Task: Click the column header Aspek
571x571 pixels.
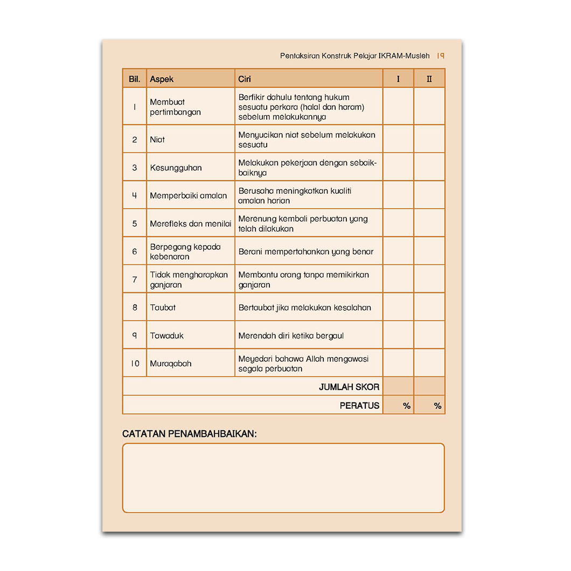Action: (162, 79)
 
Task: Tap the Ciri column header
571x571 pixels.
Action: (245, 79)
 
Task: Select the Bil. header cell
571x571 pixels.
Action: (135, 79)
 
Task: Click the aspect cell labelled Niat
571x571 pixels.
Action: (157, 140)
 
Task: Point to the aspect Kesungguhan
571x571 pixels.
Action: (176, 168)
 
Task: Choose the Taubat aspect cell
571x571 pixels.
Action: (163, 308)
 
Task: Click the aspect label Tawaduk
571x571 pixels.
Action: (166, 336)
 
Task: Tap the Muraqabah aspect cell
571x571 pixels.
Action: (170, 364)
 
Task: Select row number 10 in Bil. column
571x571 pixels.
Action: (135, 364)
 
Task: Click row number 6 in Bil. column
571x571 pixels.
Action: (135, 252)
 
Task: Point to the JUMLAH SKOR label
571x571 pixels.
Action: (349, 387)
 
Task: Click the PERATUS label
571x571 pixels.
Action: (359, 406)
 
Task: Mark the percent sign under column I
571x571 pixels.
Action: (407, 406)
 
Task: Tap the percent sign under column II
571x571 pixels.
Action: (437, 406)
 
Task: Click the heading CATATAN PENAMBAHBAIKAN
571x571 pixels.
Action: (189, 434)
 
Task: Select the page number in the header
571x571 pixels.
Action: (441, 55)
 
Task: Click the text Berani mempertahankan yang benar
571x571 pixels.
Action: (305, 252)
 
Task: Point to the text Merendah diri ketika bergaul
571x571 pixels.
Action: (291, 336)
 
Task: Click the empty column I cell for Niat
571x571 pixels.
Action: (398, 140)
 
